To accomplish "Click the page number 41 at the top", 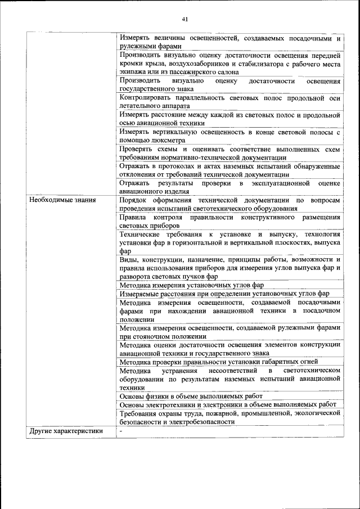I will click(185, 19).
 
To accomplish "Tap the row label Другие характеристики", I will click(66, 431).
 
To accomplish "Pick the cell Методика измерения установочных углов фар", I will click(191, 285).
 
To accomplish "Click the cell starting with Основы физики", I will click(191, 396).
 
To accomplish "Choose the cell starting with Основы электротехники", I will click(228, 404).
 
